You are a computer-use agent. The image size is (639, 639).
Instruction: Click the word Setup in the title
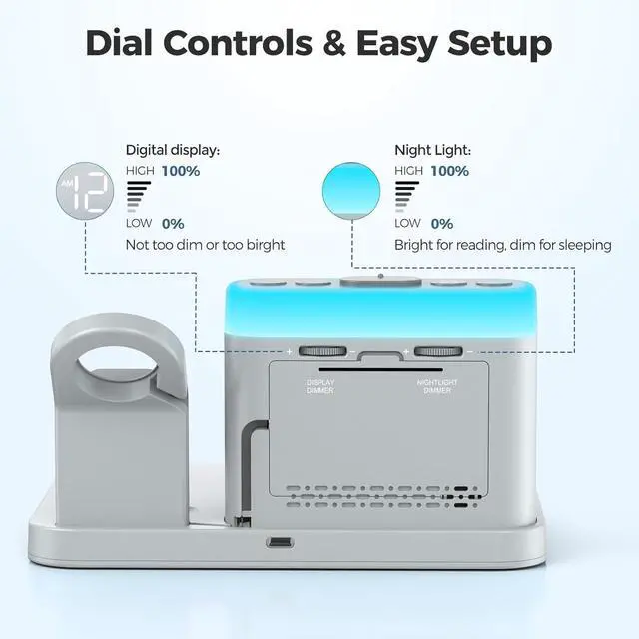pyautogui.click(x=499, y=46)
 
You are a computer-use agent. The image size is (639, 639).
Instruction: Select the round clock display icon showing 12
pyautogui.click(x=85, y=191)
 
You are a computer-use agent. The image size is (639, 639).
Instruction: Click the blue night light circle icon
pyautogui.click(x=351, y=191)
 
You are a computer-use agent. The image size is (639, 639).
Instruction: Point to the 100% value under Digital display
pyautogui.click(x=181, y=171)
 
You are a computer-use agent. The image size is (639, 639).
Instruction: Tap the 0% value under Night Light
pyautogui.click(x=442, y=224)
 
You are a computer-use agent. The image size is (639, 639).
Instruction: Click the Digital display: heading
pyautogui.click(x=173, y=151)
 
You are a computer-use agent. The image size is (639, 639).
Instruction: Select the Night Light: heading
pyautogui.click(x=432, y=151)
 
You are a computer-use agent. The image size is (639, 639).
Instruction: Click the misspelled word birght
pyautogui.click(x=266, y=245)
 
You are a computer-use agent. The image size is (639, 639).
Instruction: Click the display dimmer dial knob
pyautogui.click(x=322, y=351)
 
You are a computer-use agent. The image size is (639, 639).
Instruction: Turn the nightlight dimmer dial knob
pyautogui.click(x=438, y=351)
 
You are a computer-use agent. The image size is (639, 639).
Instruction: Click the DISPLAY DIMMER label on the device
pyautogui.click(x=320, y=386)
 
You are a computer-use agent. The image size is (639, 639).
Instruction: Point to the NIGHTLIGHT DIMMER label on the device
pyautogui.click(x=437, y=386)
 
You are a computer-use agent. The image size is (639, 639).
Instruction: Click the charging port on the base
pyautogui.click(x=280, y=542)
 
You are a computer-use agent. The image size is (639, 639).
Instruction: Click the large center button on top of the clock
pyautogui.click(x=380, y=281)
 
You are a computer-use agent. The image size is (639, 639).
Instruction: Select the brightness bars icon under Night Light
pyautogui.click(x=406, y=197)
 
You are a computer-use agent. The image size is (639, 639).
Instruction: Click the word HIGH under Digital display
pyautogui.click(x=140, y=171)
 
